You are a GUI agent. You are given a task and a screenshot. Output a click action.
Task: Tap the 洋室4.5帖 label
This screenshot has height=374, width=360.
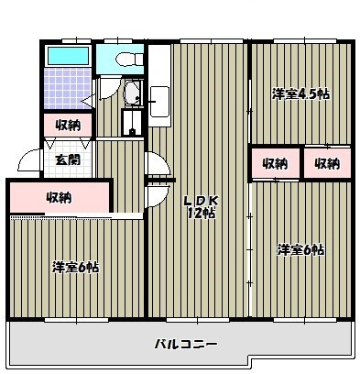pos(300,93)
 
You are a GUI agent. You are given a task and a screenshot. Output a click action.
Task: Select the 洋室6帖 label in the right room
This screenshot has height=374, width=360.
pos(301,249)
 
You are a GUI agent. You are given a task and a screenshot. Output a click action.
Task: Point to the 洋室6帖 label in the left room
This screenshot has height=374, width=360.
pos(74,268)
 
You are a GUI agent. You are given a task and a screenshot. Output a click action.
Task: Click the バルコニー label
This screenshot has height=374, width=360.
pos(184,345)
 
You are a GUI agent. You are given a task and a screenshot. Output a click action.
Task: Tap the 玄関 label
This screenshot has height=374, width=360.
pos(65,159)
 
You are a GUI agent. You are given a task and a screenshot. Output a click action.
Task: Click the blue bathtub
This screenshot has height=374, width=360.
pos(66,57)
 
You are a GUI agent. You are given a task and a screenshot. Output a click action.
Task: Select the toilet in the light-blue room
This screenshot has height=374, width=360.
pos(125,60)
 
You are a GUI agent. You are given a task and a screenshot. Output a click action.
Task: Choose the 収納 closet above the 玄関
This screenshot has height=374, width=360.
pos(66,125)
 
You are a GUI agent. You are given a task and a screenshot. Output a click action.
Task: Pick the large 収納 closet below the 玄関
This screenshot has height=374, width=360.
pos(59,196)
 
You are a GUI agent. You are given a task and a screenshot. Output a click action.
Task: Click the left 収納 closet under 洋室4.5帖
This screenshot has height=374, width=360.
pos(275,164)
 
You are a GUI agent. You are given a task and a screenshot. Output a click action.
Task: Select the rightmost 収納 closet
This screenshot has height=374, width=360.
pos(327,164)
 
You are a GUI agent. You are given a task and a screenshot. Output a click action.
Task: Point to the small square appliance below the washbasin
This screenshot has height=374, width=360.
pos(134,123)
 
